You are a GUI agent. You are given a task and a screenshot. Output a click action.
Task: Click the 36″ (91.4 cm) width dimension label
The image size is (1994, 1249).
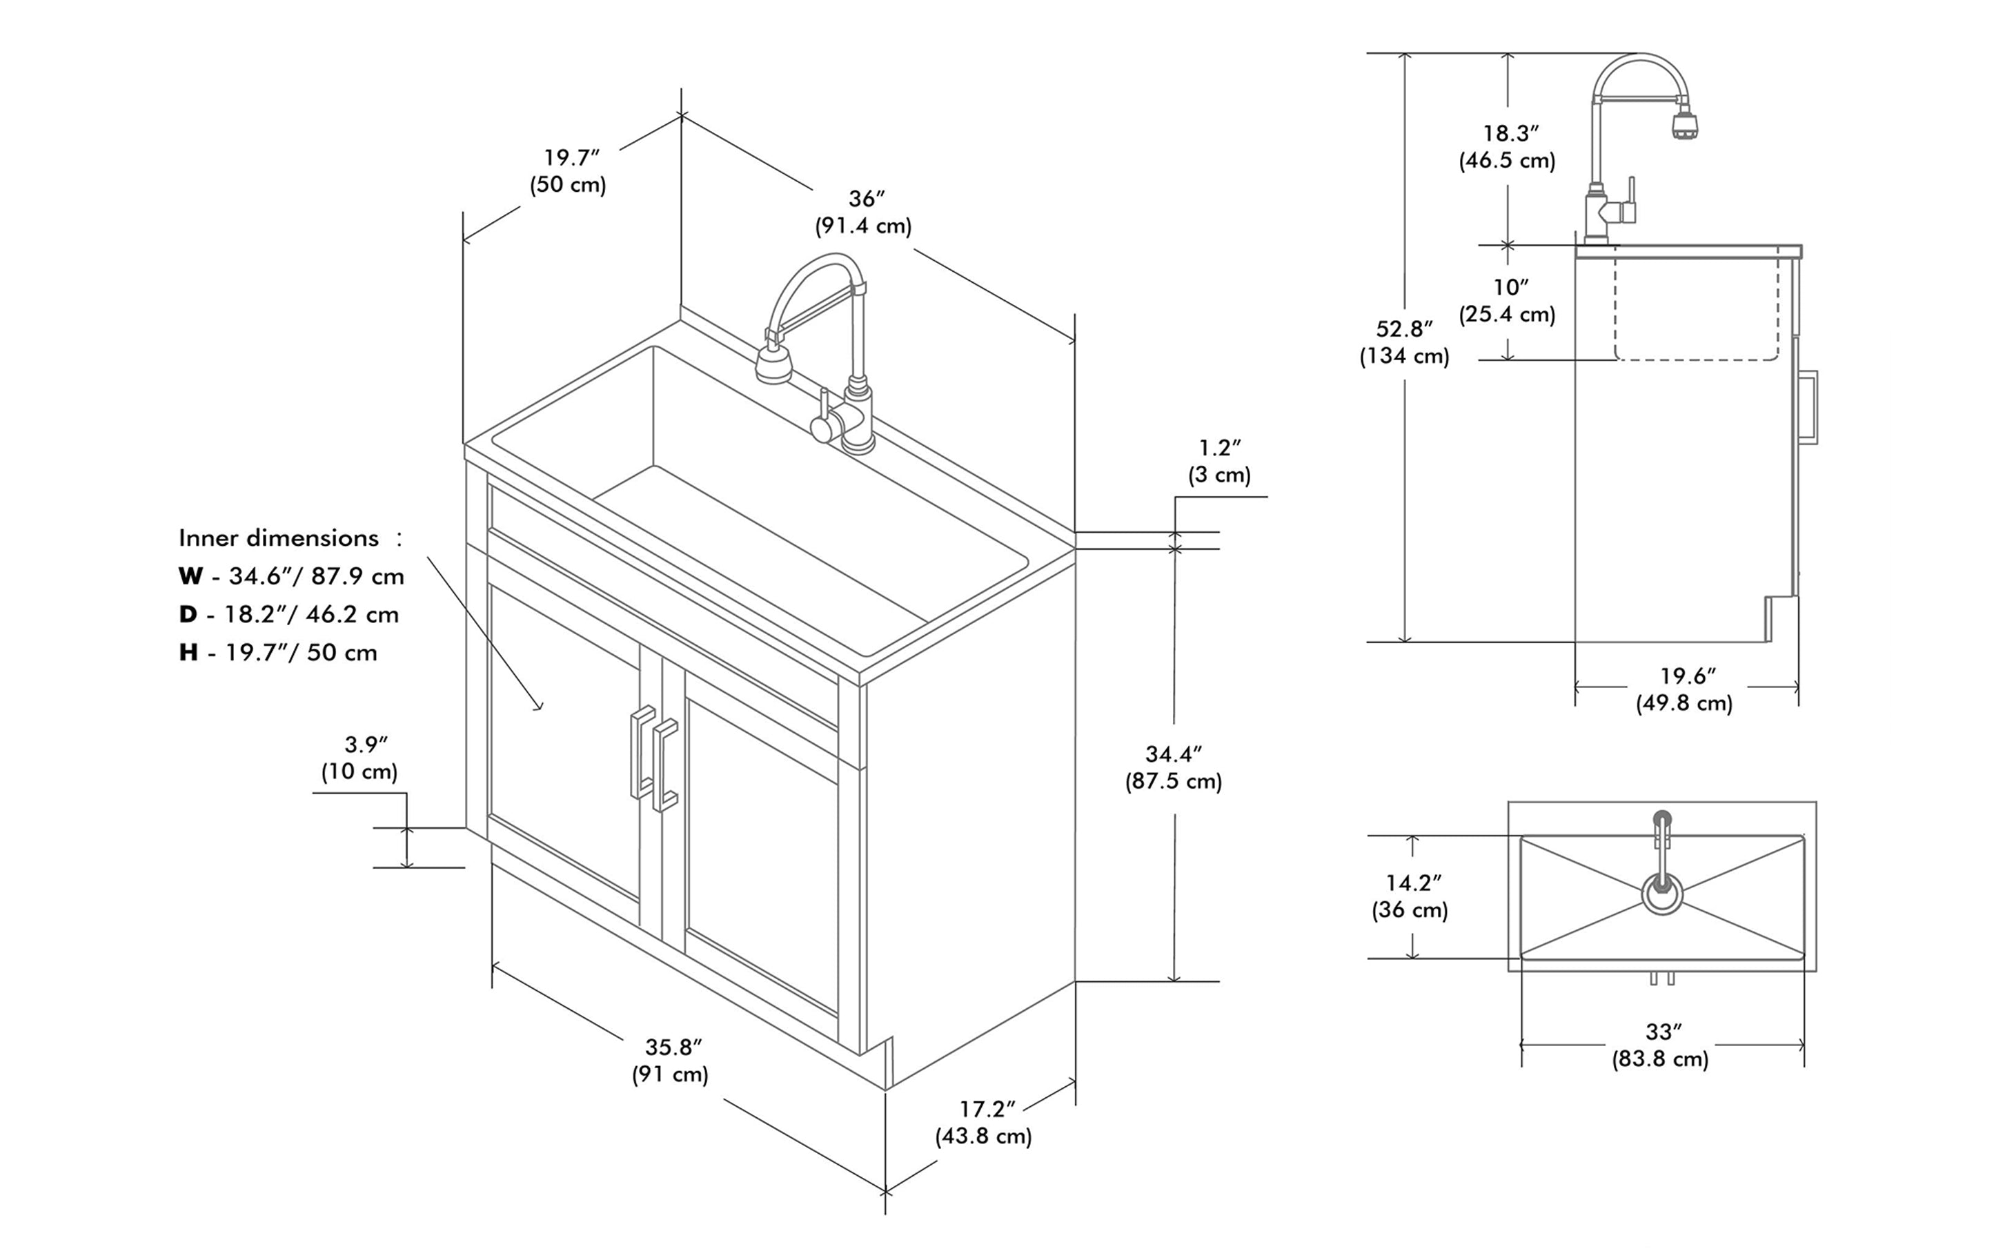[x=863, y=213]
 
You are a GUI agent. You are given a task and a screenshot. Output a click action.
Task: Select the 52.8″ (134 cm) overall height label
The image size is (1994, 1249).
[x=1404, y=342]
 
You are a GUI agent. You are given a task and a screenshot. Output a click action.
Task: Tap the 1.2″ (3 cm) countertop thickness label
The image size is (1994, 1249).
[x=1219, y=461]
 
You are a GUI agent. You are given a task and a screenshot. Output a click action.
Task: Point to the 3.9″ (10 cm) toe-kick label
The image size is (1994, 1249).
[x=360, y=758]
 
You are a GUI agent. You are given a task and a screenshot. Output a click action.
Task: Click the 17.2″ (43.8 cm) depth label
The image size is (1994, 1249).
[x=984, y=1122]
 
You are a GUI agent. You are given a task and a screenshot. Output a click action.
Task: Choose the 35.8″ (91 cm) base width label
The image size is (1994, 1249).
[x=671, y=1060]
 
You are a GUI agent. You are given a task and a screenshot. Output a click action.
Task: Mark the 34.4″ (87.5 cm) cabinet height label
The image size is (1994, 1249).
[x=1173, y=767]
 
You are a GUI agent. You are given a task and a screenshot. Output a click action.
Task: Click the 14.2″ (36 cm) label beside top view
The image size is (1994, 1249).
[x=1411, y=896]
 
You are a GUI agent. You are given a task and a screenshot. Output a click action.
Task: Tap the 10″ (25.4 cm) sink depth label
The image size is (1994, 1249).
[x=1508, y=301]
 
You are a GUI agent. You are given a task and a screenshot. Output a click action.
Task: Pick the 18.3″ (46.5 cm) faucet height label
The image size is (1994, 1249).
[x=1508, y=146]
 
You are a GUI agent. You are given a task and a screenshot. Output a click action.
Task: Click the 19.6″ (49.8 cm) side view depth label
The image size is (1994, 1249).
[x=1685, y=689]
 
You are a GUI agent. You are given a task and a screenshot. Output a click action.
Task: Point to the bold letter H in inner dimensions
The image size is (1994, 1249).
[x=188, y=653]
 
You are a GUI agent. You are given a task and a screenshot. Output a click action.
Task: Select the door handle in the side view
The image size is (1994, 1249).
[x=1809, y=406]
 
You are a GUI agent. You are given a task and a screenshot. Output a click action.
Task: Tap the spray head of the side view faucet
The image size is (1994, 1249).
[x=1685, y=126]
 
